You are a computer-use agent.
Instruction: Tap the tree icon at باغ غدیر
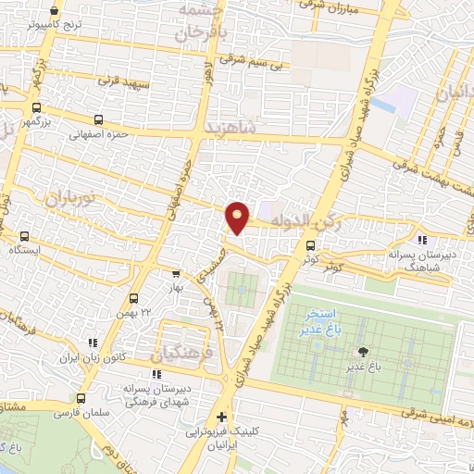[x=362, y=352]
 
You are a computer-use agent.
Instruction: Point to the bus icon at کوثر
[x=310, y=246]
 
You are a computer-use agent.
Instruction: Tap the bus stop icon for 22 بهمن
[x=134, y=299]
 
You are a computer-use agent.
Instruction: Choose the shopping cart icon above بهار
[x=176, y=274]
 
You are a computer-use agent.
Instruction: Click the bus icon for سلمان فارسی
[x=81, y=399]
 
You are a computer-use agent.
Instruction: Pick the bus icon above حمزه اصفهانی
[x=98, y=118]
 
